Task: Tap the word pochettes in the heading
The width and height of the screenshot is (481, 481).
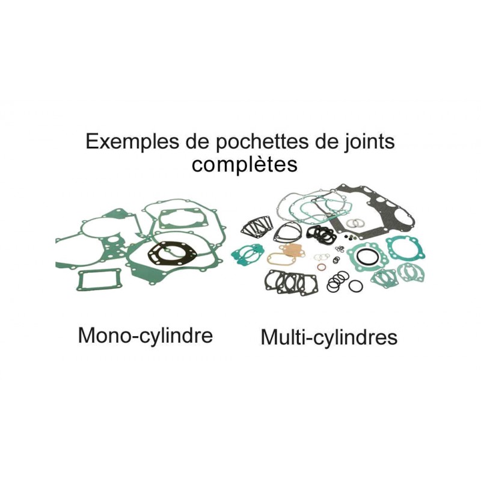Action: point(239,142)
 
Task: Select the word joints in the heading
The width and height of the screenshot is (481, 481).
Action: point(366,142)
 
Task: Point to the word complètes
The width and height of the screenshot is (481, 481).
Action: point(244,164)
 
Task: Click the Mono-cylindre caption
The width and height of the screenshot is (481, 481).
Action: point(145,335)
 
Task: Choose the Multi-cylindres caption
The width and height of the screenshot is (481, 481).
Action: point(329,337)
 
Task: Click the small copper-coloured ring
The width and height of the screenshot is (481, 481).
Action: point(321,267)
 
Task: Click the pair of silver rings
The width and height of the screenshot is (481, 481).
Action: point(356,222)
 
